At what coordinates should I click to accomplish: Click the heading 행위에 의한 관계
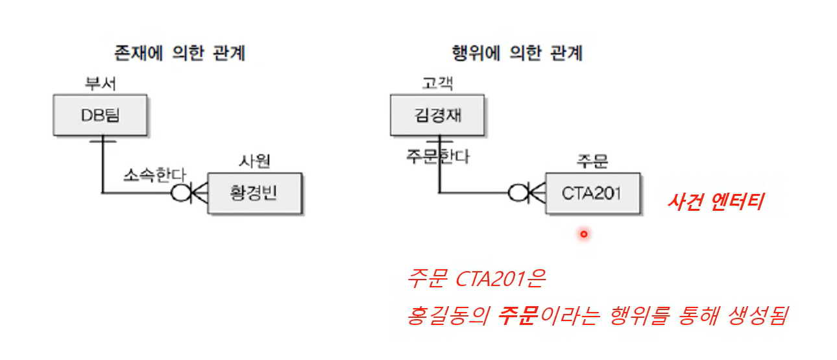pos(516,53)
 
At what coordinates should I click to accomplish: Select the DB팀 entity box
pos(101,115)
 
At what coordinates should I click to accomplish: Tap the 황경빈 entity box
pos(254,193)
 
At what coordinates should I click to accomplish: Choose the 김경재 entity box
pos(438,115)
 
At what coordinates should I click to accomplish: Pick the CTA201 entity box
pos(592,193)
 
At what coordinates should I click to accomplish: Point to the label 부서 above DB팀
pos(101,84)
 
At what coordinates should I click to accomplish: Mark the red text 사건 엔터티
pos(716,202)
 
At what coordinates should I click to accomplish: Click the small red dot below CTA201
pos(583,234)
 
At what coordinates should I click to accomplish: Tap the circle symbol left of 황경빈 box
pos(180,193)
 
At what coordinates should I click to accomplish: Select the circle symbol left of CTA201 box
pos(517,193)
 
